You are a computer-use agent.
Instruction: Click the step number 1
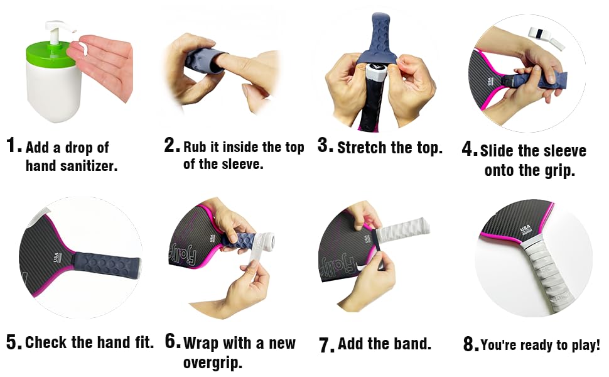(13, 146)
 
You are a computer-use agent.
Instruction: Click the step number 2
(171, 146)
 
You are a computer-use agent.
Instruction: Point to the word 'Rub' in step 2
(195, 147)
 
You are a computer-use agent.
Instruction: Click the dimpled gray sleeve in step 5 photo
(104, 263)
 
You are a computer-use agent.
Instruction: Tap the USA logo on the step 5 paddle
(57, 258)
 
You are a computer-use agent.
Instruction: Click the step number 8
(470, 344)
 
